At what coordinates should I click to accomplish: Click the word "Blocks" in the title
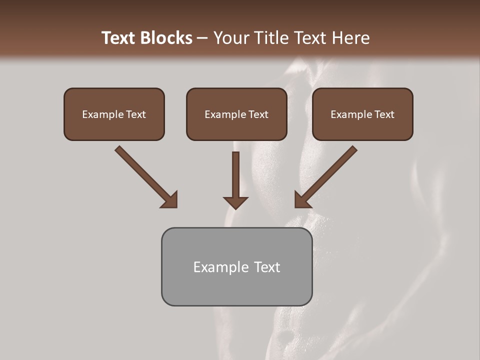(167, 38)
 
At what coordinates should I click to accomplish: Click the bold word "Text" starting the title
(119, 38)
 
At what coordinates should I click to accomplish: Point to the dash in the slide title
(202, 38)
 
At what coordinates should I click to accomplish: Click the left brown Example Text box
(114, 114)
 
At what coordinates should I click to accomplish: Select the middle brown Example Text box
(236, 114)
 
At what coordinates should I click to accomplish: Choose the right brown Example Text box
(362, 114)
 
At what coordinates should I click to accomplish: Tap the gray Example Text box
(236, 266)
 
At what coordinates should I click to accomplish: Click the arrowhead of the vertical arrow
(235, 201)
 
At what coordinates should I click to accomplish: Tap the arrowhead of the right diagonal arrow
(302, 200)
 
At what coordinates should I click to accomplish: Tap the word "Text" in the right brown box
(384, 114)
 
